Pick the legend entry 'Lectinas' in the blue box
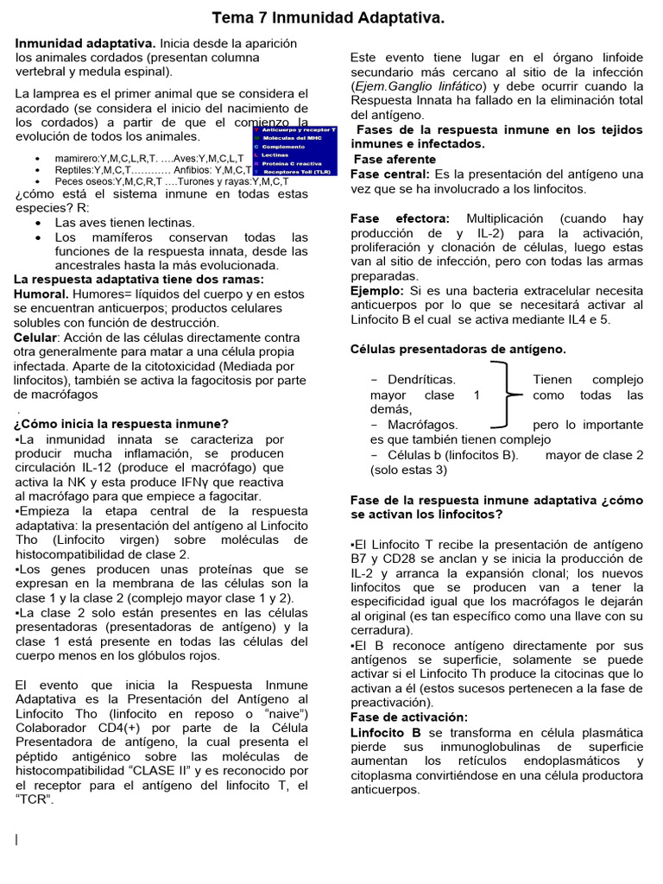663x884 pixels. coord(279,155)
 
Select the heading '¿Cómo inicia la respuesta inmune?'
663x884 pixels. coord(121,423)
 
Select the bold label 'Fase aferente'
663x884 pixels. coord(394,160)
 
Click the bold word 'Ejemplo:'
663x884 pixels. coord(377,291)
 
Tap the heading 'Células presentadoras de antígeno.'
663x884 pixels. coord(458,349)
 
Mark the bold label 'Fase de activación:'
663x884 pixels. coord(409,717)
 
